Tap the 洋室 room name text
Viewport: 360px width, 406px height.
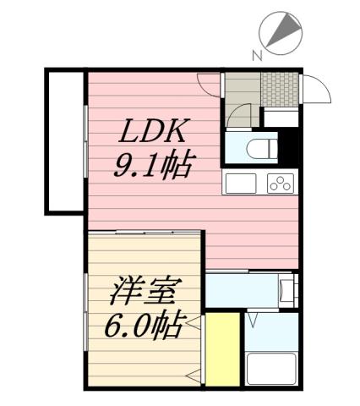(142, 294)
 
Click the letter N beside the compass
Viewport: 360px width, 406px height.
(257, 56)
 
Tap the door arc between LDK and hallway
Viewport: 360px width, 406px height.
(209, 85)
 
